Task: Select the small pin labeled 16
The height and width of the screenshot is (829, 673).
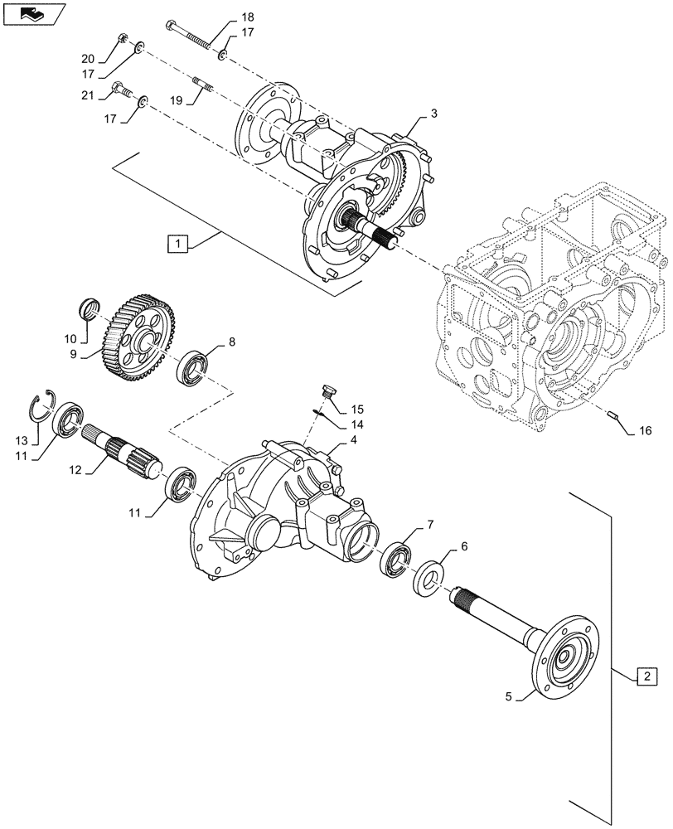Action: click(612, 416)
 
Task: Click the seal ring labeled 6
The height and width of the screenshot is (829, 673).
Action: click(429, 577)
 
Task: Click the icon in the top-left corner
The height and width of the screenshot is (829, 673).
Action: click(31, 14)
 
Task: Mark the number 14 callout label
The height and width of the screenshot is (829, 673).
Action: click(356, 424)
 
